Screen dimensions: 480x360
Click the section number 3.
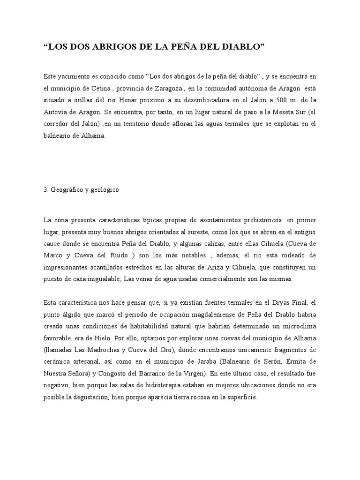coord(45,190)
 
